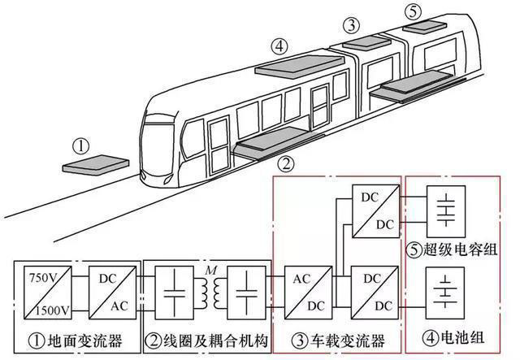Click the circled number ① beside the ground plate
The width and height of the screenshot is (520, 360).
pos(80,146)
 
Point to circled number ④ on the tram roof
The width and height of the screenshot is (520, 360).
pos(279,47)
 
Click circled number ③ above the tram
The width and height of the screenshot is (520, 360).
pos(351,25)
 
